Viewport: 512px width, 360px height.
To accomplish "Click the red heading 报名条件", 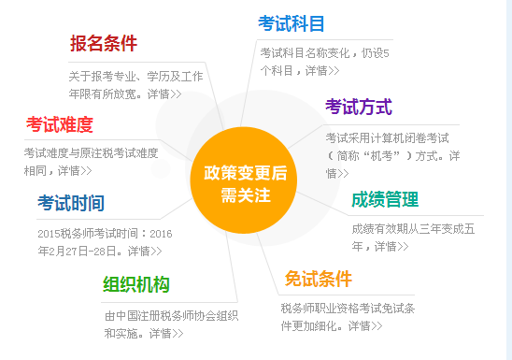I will click(103, 43).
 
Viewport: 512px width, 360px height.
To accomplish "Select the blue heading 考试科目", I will click(292, 22).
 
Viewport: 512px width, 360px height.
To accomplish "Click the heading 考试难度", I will click(60, 124).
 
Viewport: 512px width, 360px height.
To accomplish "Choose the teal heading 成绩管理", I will click(385, 199).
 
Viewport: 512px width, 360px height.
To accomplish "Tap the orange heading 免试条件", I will click(319, 278).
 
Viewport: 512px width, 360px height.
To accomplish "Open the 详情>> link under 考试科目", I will click(321, 70).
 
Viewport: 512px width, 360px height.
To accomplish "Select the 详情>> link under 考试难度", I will click(74, 170).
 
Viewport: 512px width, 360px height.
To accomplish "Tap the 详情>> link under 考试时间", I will click(144, 251).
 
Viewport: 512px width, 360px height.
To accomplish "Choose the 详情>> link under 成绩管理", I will click(391, 246).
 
